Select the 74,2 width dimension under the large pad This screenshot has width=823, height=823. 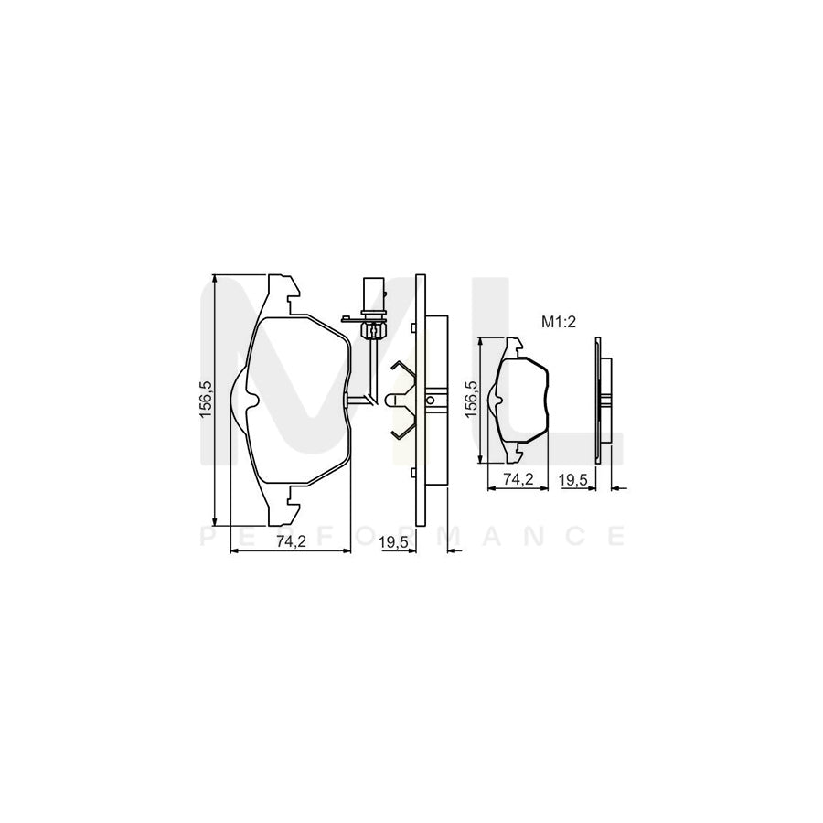[290, 541]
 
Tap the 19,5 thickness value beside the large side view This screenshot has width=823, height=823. [393, 541]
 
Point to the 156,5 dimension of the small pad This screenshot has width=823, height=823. [473, 401]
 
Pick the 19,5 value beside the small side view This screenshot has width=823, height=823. [573, 479]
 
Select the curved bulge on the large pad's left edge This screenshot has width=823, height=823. [240, 401]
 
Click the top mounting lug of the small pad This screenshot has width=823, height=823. [515, 347]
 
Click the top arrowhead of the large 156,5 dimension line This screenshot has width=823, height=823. [214, 277]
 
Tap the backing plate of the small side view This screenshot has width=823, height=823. [597, 401]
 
